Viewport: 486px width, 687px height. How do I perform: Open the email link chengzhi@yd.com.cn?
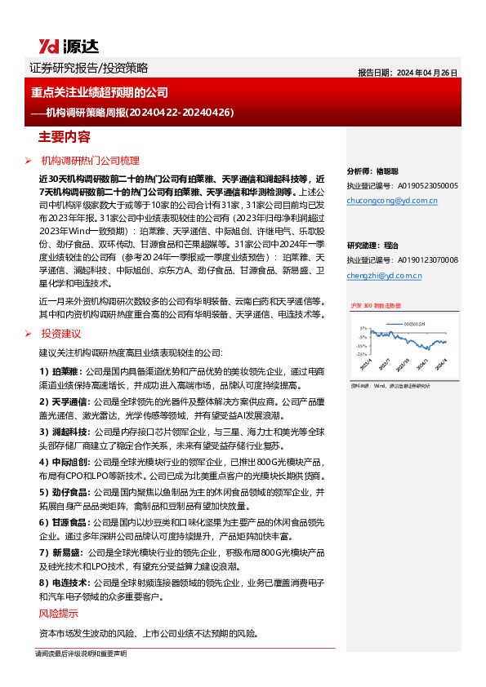384,276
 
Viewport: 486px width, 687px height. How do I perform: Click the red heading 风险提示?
59,613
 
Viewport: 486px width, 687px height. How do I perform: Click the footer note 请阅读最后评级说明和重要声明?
80,654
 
